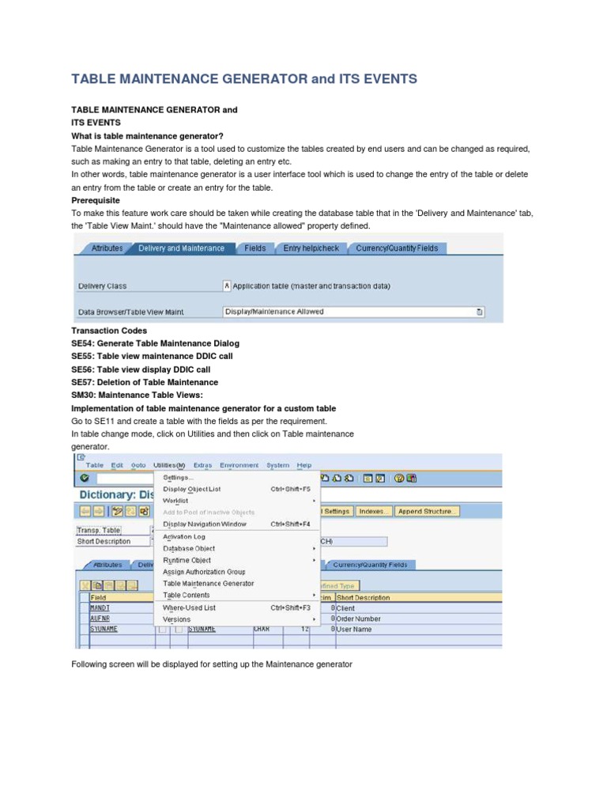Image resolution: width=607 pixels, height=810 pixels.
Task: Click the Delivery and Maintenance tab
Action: point(181,248)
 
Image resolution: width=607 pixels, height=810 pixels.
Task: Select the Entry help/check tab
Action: point(311,248)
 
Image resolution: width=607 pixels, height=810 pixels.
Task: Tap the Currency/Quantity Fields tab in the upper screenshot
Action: point(397,248)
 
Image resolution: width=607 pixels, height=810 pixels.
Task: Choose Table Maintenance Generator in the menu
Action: point(209,584)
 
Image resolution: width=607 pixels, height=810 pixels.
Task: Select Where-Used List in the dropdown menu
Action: point(189,607)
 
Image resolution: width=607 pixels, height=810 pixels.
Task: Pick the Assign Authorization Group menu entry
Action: point(204,572)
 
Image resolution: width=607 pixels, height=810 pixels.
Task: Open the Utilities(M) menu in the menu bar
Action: point(169,465)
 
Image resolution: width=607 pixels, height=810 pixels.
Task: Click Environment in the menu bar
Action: point(239,465)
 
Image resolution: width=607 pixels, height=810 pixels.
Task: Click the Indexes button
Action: point(373,511)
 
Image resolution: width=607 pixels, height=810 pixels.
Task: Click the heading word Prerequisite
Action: point(96,201)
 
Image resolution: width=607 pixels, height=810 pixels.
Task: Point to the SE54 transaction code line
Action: point(155,343)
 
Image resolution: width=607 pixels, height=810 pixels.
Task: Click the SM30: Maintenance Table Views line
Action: point(137,395)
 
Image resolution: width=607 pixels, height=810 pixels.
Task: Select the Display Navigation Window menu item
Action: point(205,524)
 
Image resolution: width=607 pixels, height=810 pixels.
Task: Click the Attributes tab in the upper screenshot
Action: point(107,248)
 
